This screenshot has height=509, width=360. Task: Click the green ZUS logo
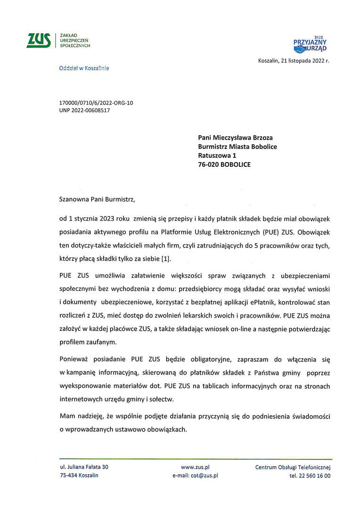point(39,41)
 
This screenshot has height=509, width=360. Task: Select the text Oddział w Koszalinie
point(84,68)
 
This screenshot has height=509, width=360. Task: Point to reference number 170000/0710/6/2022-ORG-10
point(96,103)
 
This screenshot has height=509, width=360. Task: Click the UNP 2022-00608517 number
point(85,110)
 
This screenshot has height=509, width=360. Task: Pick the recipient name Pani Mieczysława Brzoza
point(235,138)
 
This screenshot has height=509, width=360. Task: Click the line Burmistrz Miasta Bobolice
point(237,147)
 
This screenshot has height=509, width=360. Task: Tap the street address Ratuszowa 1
point(217,156)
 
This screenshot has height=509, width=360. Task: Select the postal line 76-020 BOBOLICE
point(224,164)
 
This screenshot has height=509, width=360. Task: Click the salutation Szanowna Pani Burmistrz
point(97,199)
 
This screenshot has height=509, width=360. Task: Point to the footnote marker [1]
point(166,259)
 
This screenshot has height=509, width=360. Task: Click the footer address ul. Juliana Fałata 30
point(84,467)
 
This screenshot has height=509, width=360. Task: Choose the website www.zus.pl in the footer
point(195,467)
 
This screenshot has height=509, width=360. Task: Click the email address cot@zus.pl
point(204,476)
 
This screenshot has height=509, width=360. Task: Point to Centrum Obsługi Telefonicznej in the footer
point(293,467)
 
